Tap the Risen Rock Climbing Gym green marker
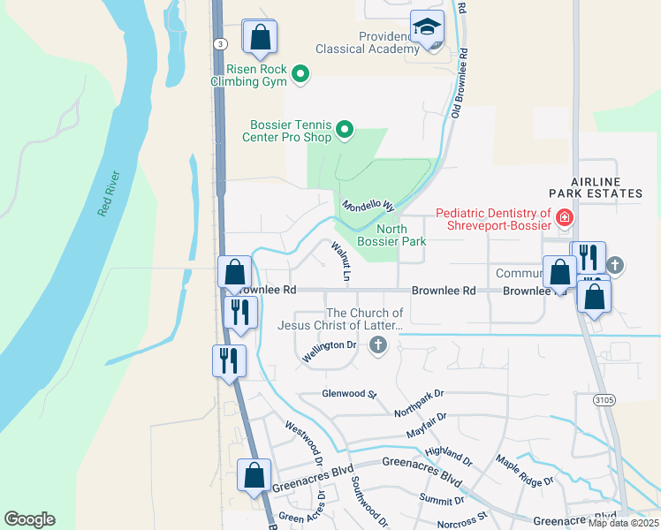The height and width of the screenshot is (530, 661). pos(300,75)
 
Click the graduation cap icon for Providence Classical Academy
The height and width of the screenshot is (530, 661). pos(427,28)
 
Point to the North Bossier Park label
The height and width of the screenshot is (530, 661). pos(391,235)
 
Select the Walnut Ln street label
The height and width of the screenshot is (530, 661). pos(340,262)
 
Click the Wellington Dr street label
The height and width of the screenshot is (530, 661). pos(329,350)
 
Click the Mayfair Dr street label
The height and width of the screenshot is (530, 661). pos(427,427)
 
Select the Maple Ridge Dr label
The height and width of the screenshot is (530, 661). pos(524,472)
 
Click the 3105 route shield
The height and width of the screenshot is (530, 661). pos(604,400)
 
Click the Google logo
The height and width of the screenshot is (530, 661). pos(29,519)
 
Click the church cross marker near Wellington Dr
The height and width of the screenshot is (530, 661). pos(378,344)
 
